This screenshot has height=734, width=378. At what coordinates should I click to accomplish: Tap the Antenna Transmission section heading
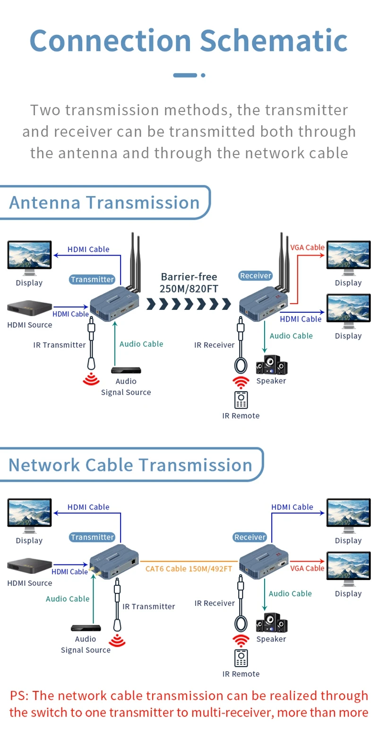(104, 202)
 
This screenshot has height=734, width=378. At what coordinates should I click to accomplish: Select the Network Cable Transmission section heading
(130, 465)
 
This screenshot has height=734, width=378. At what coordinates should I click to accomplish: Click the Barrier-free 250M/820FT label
(189, 282)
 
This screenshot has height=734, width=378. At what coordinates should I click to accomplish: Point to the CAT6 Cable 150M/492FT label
(189, 569)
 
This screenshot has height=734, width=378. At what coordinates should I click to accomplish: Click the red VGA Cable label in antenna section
(307, 247)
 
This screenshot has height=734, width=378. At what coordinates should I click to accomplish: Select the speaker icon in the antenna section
(271, 365)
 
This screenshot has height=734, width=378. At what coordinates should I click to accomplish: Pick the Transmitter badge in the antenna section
(93, 279)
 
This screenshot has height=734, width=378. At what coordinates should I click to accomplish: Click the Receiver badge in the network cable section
(250, 537)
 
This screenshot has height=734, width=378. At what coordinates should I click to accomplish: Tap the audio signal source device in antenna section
(126, 370)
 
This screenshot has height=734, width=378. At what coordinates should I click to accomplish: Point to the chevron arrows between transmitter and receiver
(189, 304)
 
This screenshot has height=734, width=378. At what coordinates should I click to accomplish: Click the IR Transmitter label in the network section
(148, 606)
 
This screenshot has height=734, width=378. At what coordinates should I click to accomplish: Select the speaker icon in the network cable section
(271, 623)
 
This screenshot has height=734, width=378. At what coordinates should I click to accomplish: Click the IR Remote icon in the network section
(241, 658)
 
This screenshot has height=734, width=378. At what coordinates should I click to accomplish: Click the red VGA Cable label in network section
(307, 568)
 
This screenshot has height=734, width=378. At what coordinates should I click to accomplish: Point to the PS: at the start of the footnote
(19, 696)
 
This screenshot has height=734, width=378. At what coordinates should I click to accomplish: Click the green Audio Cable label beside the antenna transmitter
(141, 344)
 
